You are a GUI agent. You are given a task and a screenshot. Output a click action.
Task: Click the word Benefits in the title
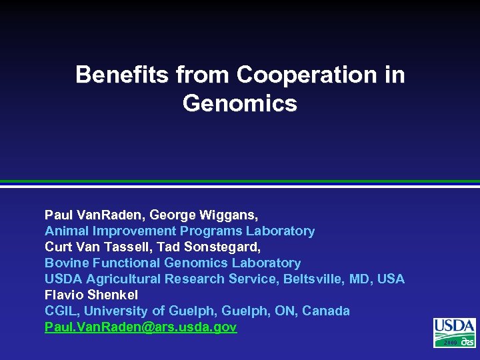tap(123, 75)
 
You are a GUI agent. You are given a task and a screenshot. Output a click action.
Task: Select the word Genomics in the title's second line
tap(239, 103)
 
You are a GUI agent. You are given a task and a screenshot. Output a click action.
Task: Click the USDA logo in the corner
tap(455, 332)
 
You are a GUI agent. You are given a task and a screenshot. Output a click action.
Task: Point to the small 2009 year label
tap(448, 342)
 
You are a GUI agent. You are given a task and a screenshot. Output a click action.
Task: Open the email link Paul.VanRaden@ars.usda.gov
tap(141, 327)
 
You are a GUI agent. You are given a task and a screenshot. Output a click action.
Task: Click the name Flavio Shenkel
tap(91, 295)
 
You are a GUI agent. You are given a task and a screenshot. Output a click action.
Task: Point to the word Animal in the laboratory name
tap(66, 231)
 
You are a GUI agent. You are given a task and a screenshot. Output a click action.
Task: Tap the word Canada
tap(326, 311)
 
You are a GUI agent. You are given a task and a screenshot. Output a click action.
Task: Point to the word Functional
tap(123, 263)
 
